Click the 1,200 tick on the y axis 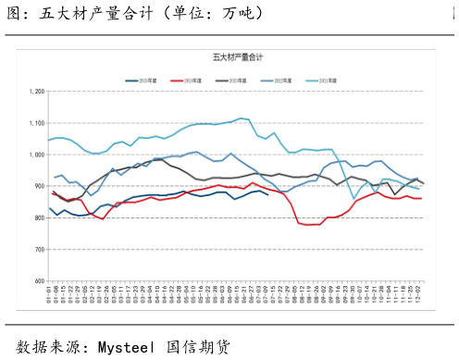click(37, 92)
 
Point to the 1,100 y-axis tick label click(37, 123)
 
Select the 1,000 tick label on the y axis click(37, 155)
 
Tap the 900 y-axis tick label click(39, 186)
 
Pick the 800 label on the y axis click(39, 217)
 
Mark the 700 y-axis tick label click(39, 249)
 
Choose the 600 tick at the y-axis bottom click(39, 280)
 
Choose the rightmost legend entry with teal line click(319, 81)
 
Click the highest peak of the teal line click(240, 118)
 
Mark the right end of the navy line click(268, 194)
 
